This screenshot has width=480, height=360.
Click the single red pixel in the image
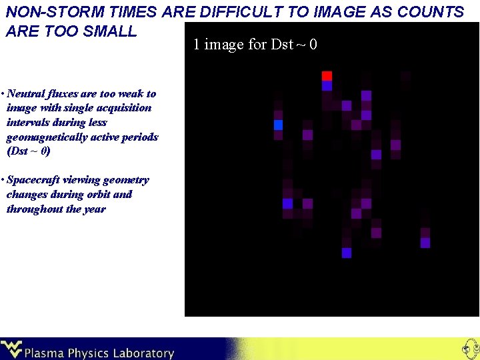click(327, 75)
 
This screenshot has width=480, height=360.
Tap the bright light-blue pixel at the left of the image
click(278, 125)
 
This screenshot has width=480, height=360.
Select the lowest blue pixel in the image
click(346, 253)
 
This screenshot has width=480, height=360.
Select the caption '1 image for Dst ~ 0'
click(255, 45)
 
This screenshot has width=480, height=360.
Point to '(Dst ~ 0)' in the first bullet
click(28, 152)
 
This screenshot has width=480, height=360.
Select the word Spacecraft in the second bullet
click(33, 180)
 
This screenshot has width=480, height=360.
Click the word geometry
click(127, 180)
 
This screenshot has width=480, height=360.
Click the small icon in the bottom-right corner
click(469, 349)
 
